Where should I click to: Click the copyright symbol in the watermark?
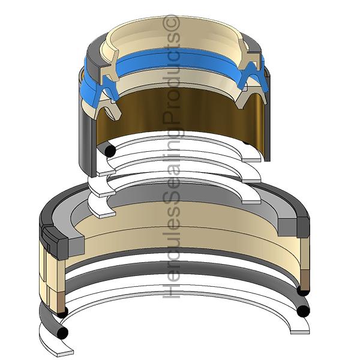click(171, 22)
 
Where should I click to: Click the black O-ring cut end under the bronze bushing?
click(110, 151)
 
